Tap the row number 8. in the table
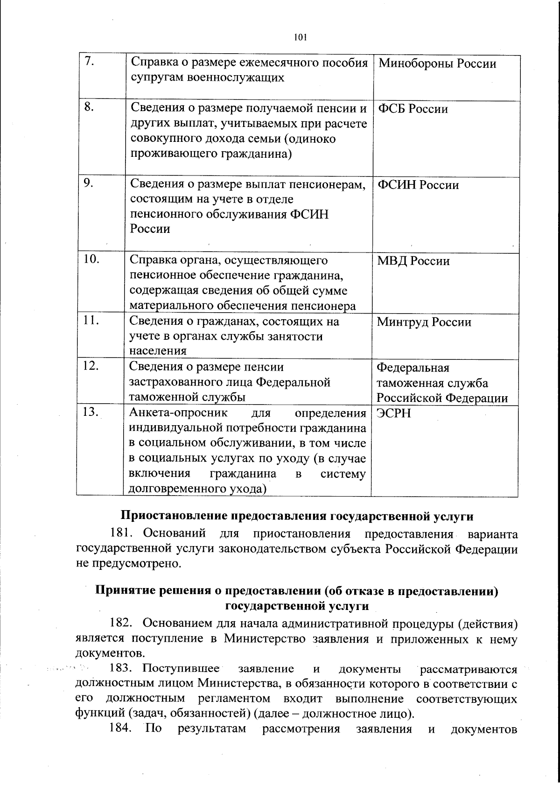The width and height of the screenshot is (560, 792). (x=90, y=107)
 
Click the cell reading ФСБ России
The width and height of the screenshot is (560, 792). (x=413, y=109)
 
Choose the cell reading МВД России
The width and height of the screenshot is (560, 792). (x=413, y=260)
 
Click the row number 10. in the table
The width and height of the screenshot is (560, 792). (x=92, y=259)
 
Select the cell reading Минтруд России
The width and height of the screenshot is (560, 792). (x=424, y=322)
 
